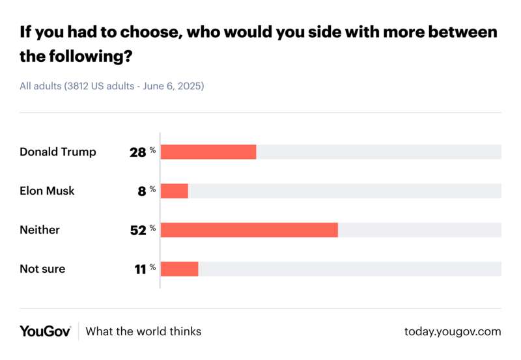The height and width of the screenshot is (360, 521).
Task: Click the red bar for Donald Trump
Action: pos(208,152)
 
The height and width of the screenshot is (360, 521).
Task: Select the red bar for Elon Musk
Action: pos(174,191)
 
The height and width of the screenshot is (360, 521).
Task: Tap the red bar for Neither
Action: pos(249,230)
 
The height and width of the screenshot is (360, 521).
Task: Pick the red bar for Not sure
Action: pos(179,269)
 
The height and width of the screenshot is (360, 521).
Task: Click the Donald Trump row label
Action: pos(57,152)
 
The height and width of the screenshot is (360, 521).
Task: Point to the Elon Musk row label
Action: pos(47,191)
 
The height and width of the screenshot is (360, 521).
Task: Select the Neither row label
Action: pos(39,230)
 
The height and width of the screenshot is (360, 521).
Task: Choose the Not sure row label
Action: pos(42,269)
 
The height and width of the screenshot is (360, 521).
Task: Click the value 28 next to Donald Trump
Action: pos(138,152)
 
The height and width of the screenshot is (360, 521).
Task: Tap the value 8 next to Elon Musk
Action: pos(142,191)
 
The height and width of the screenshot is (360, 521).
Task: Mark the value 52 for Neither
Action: pos(138,230)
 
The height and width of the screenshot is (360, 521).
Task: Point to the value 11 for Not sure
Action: pos(139,270)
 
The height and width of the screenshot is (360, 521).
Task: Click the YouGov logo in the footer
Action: pos(45,331)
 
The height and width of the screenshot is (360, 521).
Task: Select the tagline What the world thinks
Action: pos(143,331)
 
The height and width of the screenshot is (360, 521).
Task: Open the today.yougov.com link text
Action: pos(453,331)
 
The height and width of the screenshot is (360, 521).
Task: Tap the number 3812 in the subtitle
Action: pos(77,85)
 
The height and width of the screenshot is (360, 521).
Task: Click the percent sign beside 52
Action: pos(152,228)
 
